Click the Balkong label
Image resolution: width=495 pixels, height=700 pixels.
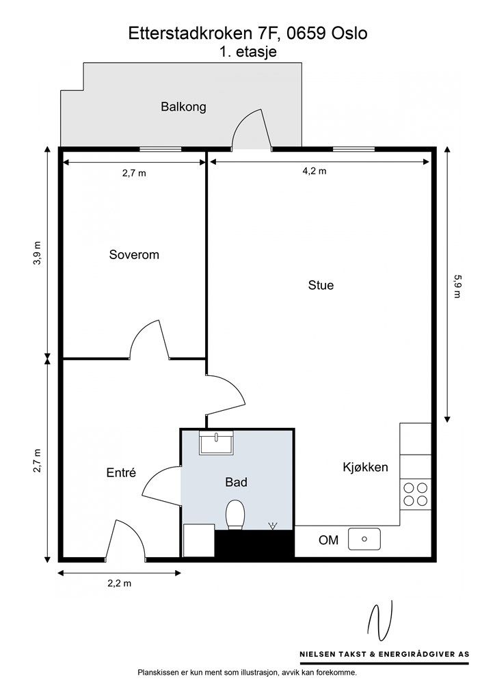(183, 107)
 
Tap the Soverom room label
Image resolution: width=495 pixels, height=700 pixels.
(134, 255)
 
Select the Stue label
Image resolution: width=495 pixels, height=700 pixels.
(321, 285)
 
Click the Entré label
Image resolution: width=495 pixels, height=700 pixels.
(121, 472)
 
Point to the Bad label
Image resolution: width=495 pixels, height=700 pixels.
(236, 482)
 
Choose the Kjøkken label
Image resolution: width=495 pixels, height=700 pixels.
(365, 468)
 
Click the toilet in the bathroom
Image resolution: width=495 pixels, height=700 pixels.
(235, 514)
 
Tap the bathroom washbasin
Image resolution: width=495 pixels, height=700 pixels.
(217, 443)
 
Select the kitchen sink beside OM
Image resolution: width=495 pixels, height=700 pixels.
(364, 539)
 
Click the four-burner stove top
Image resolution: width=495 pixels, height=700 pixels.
(416, 494)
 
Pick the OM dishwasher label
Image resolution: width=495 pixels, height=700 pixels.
(328, 540)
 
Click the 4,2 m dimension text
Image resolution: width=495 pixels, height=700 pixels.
(315, 171)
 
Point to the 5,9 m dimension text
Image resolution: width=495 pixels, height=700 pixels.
(457, 286)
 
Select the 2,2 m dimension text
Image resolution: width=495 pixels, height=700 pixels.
(120, 583)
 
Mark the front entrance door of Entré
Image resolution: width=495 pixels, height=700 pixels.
(125, 540)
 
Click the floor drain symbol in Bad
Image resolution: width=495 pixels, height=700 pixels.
(272, 526)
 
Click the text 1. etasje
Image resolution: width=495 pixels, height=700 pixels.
(248, 52)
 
